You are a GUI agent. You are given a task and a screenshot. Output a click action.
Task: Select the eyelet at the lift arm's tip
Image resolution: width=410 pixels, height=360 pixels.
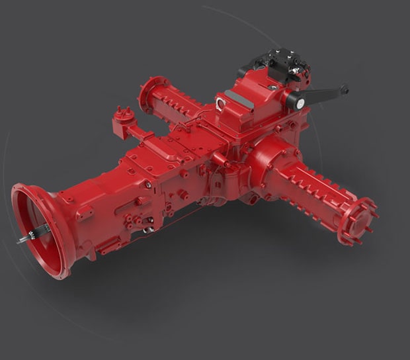(343, 88)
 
